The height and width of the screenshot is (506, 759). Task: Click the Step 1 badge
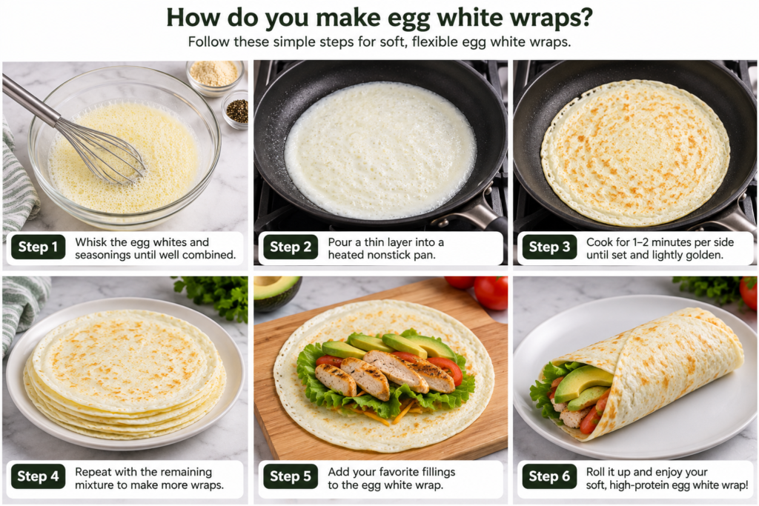38,247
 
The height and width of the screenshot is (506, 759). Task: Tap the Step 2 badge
291,247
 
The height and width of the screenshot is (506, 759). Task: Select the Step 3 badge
549,247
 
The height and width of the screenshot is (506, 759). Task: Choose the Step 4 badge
38,476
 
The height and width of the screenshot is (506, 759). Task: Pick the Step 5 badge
291,476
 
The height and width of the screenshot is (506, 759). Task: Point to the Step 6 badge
549,476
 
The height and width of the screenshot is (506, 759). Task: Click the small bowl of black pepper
236,110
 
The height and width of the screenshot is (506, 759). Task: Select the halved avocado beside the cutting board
277,292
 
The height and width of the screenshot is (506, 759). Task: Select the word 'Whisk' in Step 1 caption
90,242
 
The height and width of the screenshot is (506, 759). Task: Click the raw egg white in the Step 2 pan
380,150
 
